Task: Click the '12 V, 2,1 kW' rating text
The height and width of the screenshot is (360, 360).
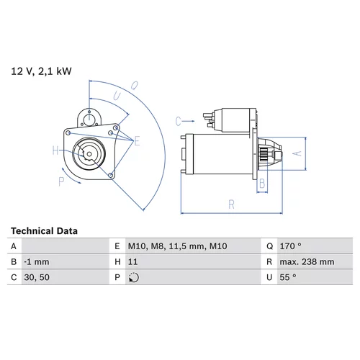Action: click(x=41, y=71)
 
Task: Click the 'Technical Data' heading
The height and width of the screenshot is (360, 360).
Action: click(x=44, y=231)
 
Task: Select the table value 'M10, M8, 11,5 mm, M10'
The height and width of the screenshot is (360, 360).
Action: click(x=177, y=246)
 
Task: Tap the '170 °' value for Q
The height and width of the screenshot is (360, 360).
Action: click(x=290, y=246)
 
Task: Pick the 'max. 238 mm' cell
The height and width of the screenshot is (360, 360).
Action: click(x=307, y=261)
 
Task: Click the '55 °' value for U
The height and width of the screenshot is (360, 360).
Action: click(x=288, y=277)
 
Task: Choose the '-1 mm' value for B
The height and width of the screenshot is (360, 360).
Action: click(x=37, y=261)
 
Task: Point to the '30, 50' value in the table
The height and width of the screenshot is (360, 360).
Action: click(x=37, y=277)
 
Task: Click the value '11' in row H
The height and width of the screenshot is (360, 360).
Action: click(x=132, y=261)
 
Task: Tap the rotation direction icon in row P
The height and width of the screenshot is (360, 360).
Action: click(x=134, y=278)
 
